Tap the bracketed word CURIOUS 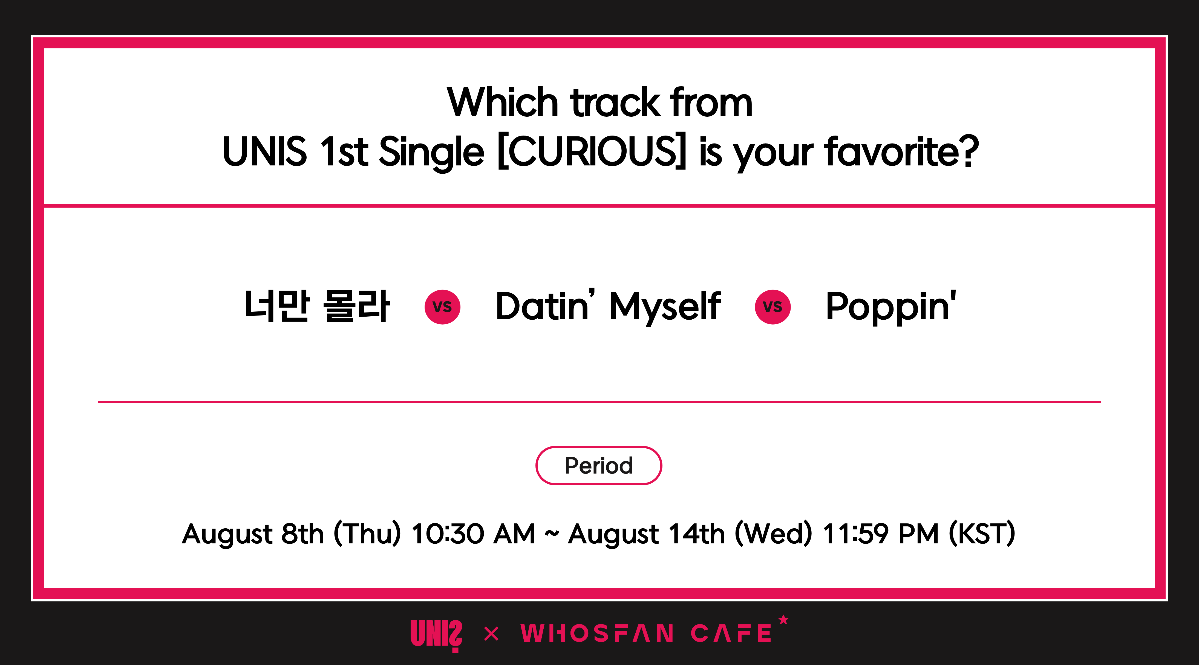[x=592, y=151]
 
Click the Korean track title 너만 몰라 [x=317, y=306]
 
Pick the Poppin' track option [x=891, y=307]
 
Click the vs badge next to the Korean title [x=442, y=307]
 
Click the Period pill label [x=599, y=466]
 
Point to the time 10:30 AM [x=473, y=534]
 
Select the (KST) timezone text [x=982, y=534]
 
